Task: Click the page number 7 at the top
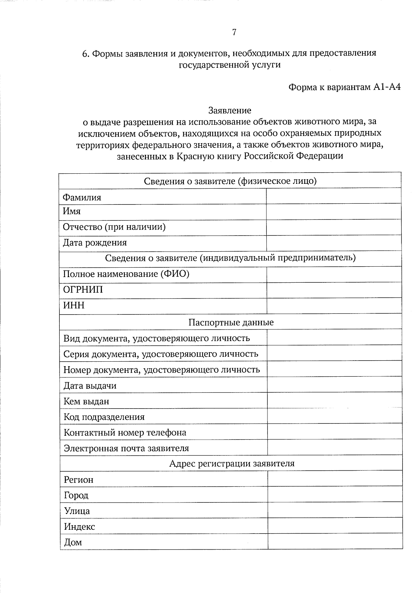234,32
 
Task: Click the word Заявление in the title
230,111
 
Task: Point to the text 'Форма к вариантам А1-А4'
344,87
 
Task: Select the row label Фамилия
82,197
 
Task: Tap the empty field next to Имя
333,212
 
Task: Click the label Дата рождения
95,243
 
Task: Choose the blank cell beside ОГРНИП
334,290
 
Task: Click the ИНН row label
74,305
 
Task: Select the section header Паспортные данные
231,322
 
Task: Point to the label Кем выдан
86,401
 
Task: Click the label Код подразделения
104,417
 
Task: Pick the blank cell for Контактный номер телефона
335,432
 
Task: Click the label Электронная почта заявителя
126,448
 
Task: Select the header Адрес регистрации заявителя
232,464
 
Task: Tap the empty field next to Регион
335,479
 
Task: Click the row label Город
76,495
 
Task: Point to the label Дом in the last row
73,542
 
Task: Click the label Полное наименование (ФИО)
126,274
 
